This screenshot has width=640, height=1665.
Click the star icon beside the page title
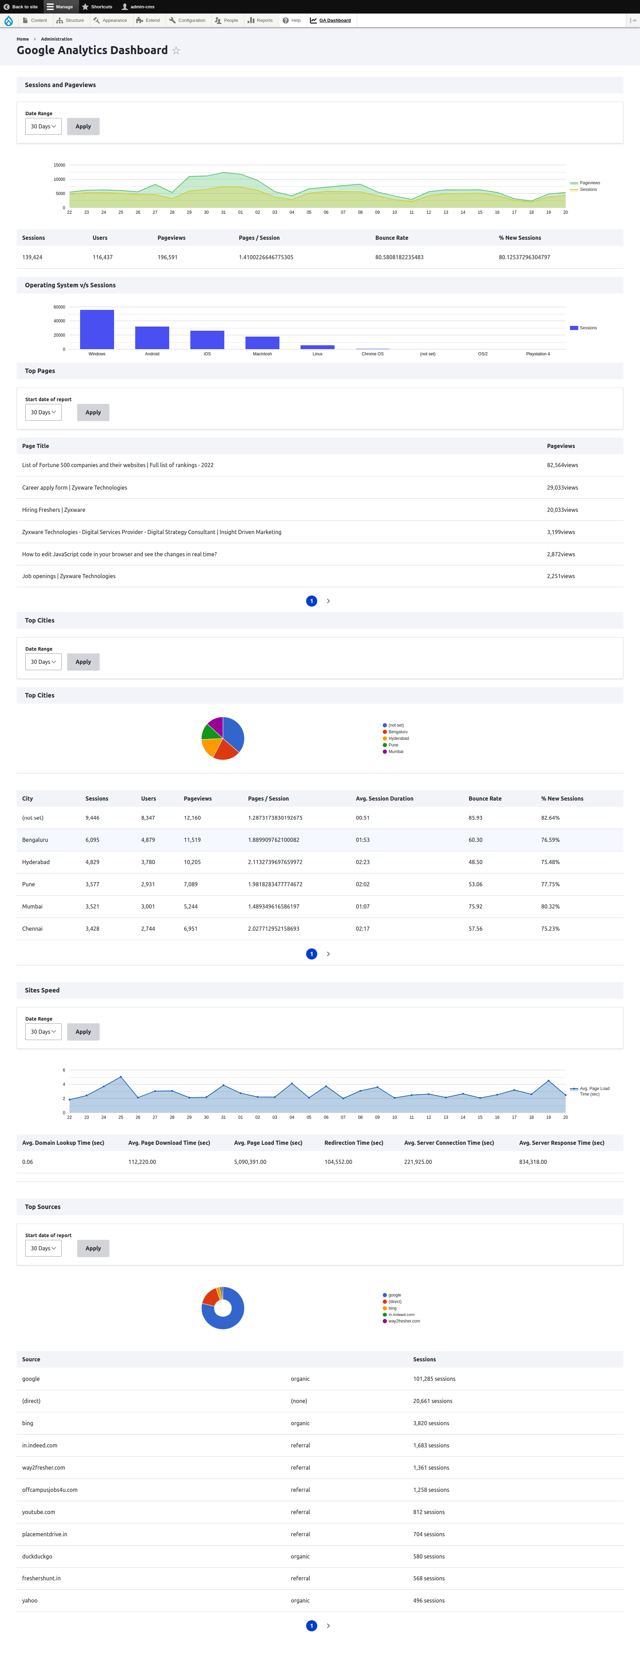coord(176,50)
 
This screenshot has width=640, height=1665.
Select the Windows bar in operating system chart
coord(97,330)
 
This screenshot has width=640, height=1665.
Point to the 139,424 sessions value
coord(32,257)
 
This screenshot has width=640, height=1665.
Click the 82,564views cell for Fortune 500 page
coord(562,465)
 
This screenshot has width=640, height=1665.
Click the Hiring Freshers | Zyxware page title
coord(54,510)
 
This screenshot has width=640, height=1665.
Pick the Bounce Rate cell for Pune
coord(475,884)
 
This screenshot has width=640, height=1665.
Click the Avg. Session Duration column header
coord(384,799)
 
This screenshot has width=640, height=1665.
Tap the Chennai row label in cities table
coord(32,929)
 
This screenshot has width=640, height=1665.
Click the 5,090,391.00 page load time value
coord(250,1162)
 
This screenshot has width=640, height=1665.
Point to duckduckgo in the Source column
coord(37,1556)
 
